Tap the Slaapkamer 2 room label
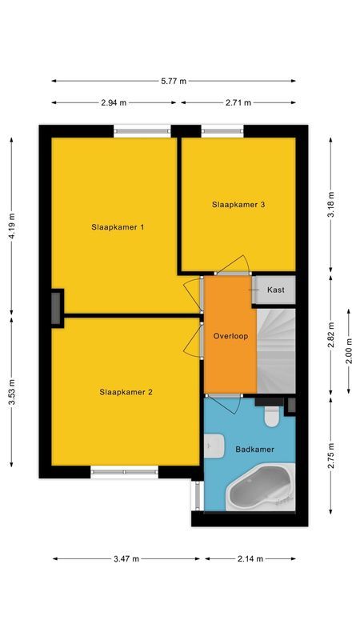(126, 392)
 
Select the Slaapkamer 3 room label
(238, 205)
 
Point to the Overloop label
(230, 336)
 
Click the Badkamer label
(254, 450)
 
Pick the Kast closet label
(276, 290)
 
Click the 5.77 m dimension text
(174, 81)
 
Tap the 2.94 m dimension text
(114, 102)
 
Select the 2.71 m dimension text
(238, 102)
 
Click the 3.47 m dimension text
(126, 558)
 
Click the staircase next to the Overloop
(276, 352)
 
